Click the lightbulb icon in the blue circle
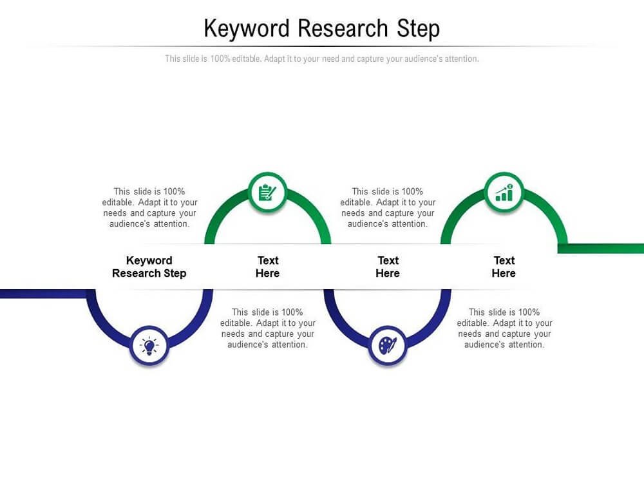[149, 346]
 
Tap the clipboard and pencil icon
[267, 192]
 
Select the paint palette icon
[387, 346]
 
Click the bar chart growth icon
[504, 192]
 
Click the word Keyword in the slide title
[247, 29]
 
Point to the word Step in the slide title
[418, 29]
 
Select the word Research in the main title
[343, 28]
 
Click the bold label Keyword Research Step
[149, 267]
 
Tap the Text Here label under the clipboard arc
[267, 267]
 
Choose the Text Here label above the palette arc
[388, 267]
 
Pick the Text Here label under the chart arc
[504, 267]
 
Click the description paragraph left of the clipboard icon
[149, 207]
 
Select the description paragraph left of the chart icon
[388, 207]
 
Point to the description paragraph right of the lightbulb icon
[268, 328]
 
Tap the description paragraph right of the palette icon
[504, 328]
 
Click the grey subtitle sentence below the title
[322, 59]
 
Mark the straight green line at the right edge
[601, 249]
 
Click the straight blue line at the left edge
[43, 294]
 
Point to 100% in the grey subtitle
[220, 59]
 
